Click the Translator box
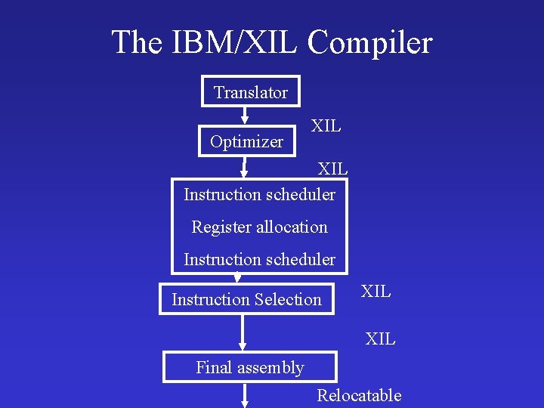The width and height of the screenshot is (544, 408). pos(250,92)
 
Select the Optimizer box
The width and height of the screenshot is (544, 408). pos(247,141)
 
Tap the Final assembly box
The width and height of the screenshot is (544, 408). pos(249,368)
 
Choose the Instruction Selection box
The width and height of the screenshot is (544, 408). pos(246,299)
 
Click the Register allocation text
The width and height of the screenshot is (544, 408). pos(259,227)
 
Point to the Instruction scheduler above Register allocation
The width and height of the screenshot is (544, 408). pos(259,194)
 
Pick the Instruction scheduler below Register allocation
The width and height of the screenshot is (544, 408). pos(259,259)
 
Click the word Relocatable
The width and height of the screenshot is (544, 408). pos(359,395)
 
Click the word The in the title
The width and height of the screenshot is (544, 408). pos(136,42)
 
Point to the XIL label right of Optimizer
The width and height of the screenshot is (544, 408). pos(326,126)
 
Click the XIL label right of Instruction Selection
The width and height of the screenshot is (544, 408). pos(376,291)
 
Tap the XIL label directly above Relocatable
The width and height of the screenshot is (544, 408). pos(380,339)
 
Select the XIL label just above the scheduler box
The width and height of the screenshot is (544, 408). pos(332,168)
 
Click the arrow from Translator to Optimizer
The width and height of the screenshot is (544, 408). pos(245,116)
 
